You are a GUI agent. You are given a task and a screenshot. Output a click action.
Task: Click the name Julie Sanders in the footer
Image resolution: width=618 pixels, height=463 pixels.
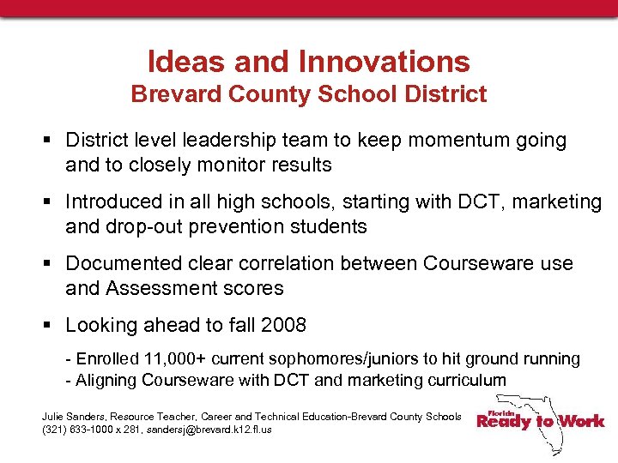[71, 417]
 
